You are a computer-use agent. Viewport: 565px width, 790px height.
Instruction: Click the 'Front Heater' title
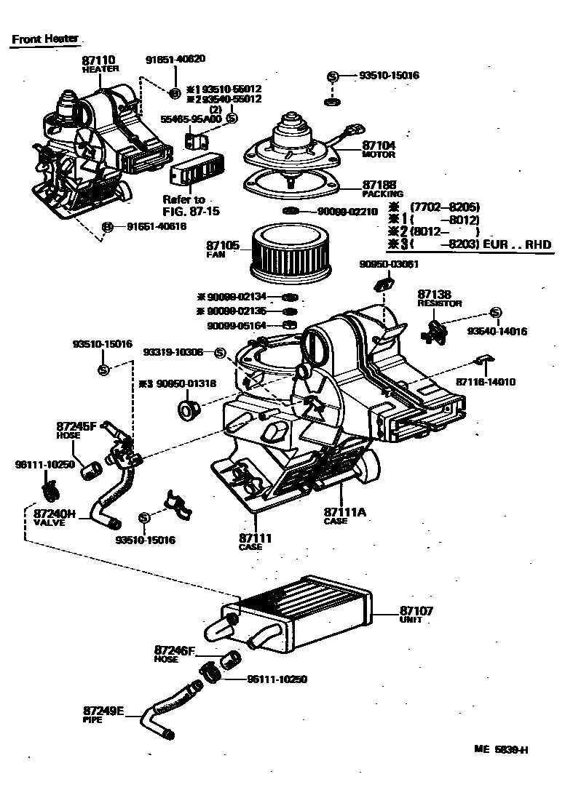tap(44, 39)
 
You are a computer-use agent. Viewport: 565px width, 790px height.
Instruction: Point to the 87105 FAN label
tap(223, 249)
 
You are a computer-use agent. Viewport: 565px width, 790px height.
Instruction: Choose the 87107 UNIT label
tap(416, 615)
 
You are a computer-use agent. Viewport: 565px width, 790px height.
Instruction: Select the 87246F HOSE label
tap(174, 653)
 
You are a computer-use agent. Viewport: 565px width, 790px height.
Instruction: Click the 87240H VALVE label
tap(55, 516)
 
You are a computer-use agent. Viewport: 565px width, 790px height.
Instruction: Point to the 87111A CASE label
tap(344, 516)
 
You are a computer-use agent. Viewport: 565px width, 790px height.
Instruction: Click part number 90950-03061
tap(389, 265)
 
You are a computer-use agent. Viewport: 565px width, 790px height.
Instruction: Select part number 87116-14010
tap(486, 381)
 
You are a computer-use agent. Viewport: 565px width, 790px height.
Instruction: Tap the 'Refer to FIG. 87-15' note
tap(184, 205)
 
